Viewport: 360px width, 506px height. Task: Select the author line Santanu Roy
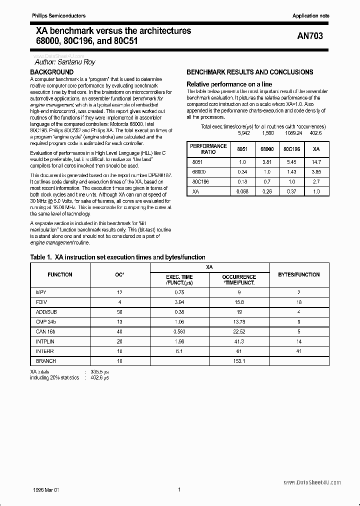coord(65,62)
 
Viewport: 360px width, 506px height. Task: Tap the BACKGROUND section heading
coord(52,72)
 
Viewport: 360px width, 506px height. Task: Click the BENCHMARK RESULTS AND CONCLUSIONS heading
coord(249,72)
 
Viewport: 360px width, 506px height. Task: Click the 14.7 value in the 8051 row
coord(316,162)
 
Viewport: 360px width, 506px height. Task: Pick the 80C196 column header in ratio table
coord(291,149)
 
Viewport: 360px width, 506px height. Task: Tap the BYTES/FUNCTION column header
coord(299,274)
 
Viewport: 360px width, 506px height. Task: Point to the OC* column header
coord(119,274)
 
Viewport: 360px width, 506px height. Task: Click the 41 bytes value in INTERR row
coord(298,351)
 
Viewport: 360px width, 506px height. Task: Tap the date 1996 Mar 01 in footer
coord(45,490)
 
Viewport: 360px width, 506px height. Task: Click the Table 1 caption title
coord(118,257)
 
